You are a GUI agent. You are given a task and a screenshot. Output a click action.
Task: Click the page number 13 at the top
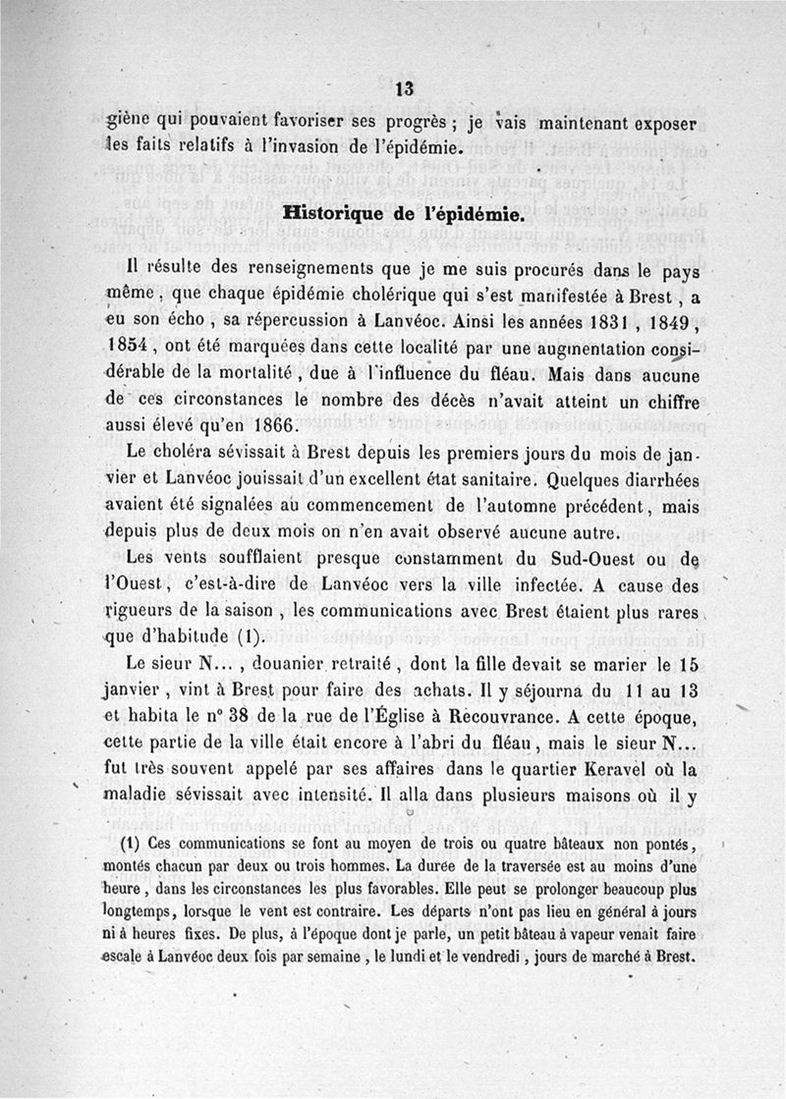click(x=402, y=88)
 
